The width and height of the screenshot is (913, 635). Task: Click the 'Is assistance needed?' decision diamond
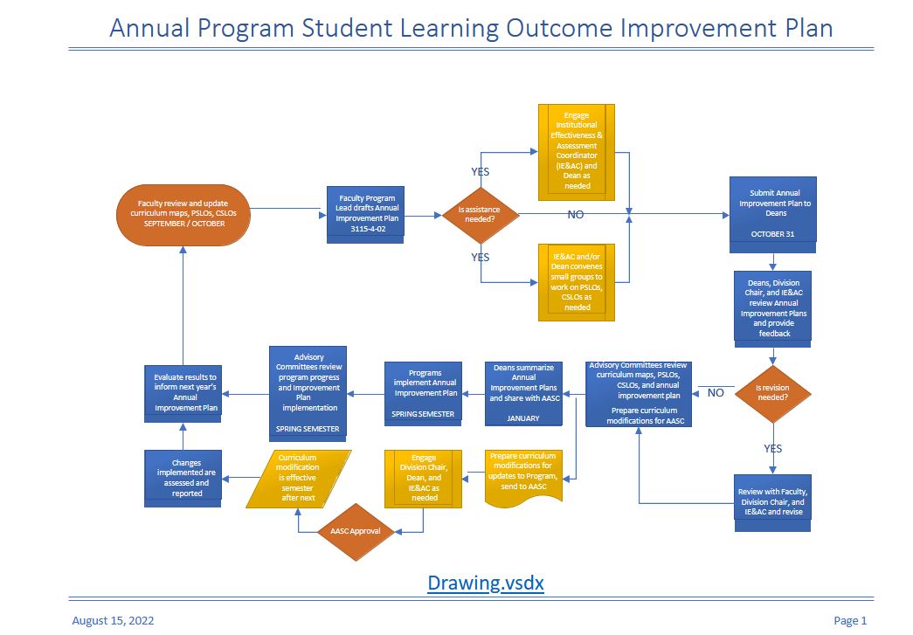coord(481,215)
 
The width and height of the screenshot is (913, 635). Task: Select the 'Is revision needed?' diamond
coord(772,394)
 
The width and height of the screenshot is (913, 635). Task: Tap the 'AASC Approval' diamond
coord(356,532)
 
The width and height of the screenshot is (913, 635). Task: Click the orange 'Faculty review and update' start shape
coord(183,215)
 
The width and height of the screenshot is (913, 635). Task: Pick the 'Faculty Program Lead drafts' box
coord(366,215)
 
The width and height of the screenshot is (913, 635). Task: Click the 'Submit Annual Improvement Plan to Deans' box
coord(772,215)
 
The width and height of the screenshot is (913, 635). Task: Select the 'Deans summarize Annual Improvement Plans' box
coord(523,393)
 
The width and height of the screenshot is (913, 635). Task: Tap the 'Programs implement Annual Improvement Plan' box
coord(424,394)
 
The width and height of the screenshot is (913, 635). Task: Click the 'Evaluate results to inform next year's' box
coord(183,394)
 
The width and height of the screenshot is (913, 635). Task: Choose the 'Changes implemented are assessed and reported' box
coord(183,479)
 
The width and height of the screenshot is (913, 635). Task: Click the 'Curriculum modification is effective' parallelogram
coord(298,479)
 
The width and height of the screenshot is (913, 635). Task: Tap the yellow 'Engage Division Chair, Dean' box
coord(424,479)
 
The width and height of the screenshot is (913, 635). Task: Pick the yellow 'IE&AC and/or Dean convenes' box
coord(577,282)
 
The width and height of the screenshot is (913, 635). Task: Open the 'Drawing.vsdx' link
coord(486,583)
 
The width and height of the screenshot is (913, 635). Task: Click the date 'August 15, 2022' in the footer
coord(113,620)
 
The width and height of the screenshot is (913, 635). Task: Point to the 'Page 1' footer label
coord(850,620)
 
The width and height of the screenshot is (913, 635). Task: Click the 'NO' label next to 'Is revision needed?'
coord(716,393)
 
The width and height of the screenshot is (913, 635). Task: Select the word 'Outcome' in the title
coord(559,28)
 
